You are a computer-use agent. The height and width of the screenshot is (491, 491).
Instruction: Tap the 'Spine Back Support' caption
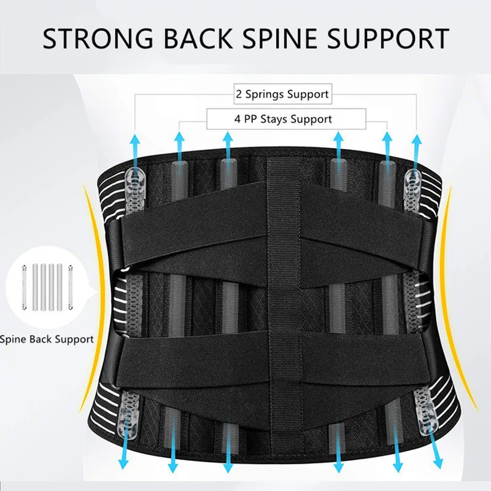click(47, 339)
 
